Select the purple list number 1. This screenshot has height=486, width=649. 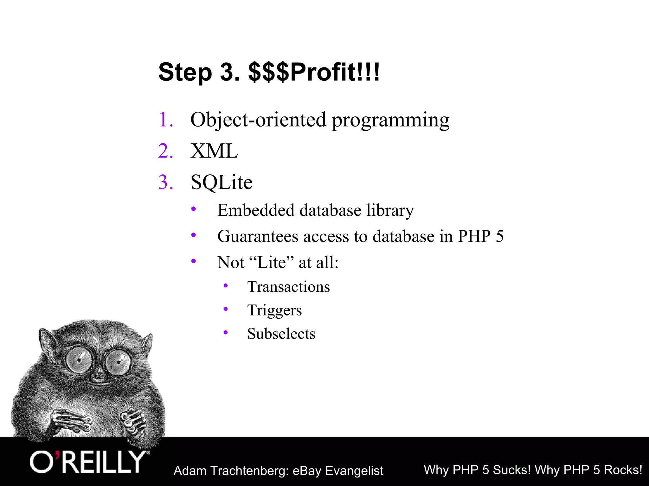(x=166, y=120)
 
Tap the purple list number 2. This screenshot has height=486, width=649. (x=166, y=151)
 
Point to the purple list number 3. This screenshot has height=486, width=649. (x=166, y=182)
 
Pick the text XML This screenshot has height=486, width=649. (x=214, y=151)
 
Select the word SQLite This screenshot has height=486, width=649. (x=221, y=183)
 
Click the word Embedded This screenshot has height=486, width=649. (x=256, y=210)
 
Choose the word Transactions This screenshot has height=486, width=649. (x=288, y=287)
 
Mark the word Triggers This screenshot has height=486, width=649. (x=274, y=310)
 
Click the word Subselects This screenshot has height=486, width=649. (x=281, y=333)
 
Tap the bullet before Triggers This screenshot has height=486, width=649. (x=226, y=309)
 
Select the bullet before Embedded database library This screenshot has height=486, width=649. (x=194, y=209)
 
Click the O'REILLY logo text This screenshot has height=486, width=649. (x=88, y=462)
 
